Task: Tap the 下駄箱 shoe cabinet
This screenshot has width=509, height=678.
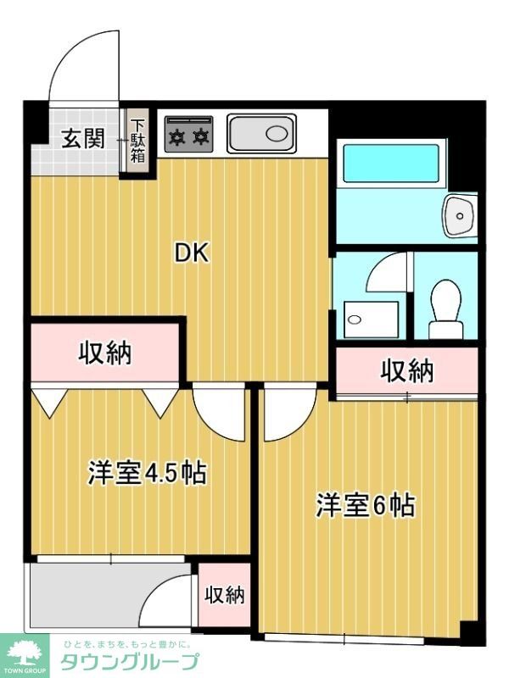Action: tap(137, 141)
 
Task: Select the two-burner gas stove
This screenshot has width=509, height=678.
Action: tap(187, 135)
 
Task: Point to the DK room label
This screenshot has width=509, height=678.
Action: tap(192, 252)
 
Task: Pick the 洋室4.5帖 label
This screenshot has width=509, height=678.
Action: tap(147, 473)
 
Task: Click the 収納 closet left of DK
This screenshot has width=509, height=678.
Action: tap(106, 353)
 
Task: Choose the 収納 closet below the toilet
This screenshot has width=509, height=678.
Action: tap(406, 370)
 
